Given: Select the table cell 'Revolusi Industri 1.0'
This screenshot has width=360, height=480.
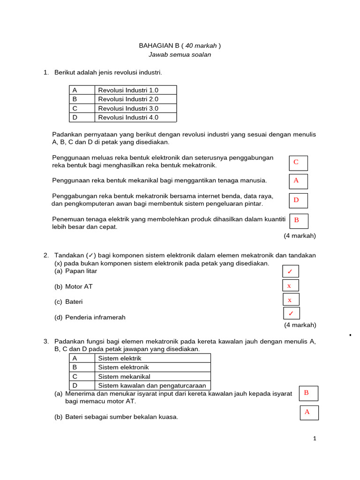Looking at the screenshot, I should point(136,90).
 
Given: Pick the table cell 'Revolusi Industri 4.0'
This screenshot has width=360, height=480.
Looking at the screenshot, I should point(136,118).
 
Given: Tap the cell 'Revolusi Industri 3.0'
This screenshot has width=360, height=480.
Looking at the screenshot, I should point(136,108).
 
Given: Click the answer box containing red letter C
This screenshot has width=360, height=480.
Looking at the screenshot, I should point(298,163).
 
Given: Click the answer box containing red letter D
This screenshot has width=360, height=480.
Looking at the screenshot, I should point(298,201).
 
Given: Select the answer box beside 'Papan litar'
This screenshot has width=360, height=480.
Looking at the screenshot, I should point(291,271).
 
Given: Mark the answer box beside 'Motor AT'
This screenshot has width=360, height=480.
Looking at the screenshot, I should point(291,285).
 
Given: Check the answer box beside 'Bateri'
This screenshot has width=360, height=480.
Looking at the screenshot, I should point(291,300).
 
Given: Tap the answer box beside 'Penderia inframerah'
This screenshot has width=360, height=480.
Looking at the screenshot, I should point(291,313).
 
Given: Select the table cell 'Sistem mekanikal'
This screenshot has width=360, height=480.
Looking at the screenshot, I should point(152,376).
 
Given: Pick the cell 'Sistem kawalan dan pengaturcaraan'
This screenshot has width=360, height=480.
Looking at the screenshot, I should point(152,385).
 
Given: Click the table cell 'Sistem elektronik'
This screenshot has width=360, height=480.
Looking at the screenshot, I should point(152,367).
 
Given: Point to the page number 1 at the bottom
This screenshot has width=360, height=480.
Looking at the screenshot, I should point(315,439).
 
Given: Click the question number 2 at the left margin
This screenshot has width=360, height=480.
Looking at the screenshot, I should point(46,255).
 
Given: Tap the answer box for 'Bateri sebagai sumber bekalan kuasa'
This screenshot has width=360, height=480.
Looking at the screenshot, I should point(309,412).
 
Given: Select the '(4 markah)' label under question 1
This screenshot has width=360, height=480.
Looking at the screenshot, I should point(300,236).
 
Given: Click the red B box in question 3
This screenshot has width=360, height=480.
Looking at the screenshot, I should point(308,393).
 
